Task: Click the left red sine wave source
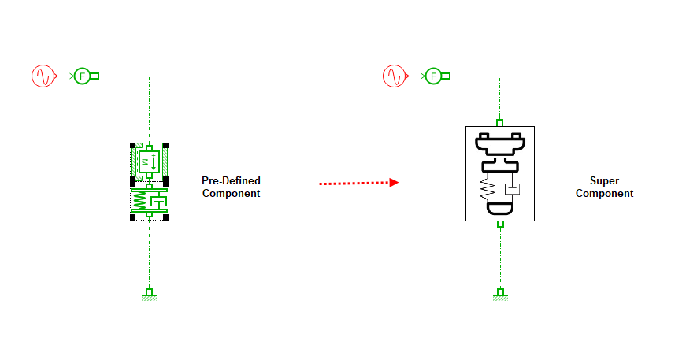point(42,76)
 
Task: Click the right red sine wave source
point(394,76)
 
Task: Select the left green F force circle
point(81,76)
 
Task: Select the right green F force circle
point(433,76)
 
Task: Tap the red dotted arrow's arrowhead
point(394,183)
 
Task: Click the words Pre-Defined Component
point(231,187)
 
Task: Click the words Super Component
point(604,187)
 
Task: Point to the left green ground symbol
point(148,295)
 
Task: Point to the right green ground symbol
point(499,295)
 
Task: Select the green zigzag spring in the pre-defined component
point(140,202)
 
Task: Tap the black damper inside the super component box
point(511,188)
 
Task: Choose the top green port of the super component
point(499,123)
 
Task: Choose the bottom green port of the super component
point(499,225)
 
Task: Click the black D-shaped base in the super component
point(499,209)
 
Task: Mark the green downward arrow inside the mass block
point(154,162)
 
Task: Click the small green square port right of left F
point(95,76)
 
